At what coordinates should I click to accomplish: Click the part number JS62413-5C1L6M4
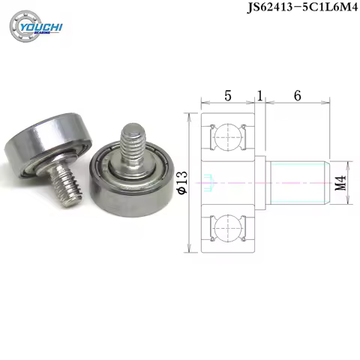(298, 10)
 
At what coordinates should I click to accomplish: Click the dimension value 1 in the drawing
(259, 97)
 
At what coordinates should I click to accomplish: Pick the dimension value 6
(297, 97)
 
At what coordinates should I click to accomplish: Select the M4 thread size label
(340, 182)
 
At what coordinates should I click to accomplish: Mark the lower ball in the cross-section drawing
(229, 224)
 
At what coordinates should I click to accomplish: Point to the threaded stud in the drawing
(294, 181)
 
